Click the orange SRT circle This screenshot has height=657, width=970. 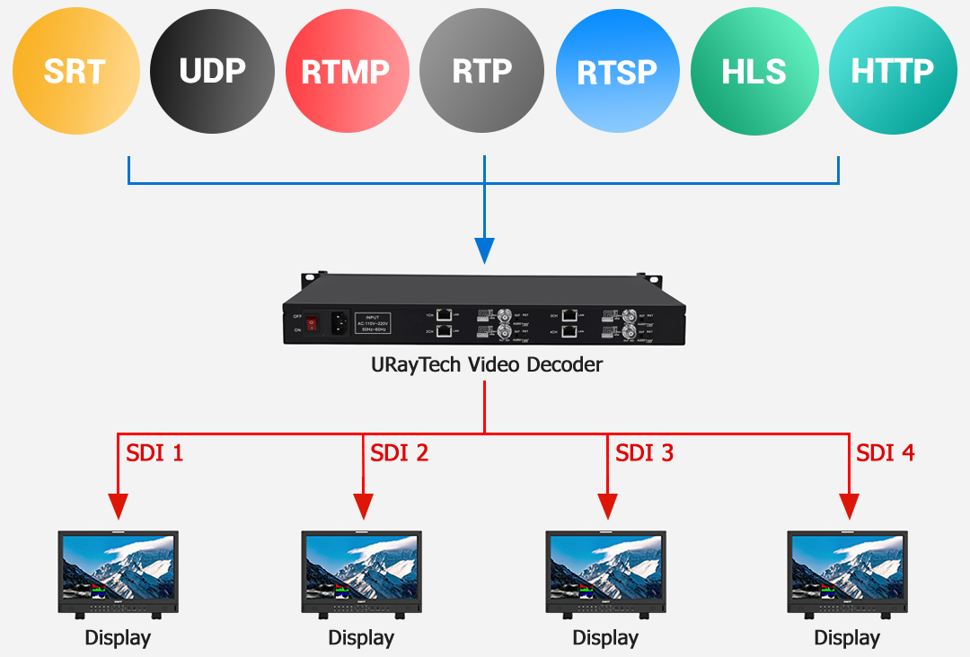[x=76, y=72]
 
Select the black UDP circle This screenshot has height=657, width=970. [x=213, y=72]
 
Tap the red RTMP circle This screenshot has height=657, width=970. [x=346, y=72]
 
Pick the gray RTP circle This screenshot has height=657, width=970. [x=482, y=72]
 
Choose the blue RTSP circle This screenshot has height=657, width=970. [x=617, y=72]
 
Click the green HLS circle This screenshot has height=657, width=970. [x=754, y=72]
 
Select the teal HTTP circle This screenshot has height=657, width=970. [x=892, y=72]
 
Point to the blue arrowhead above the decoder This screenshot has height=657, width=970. [x=485, y=250]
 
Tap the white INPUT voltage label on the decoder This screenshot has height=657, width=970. [x=375, y=322]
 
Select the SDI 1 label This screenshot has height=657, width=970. [x=154, y=453]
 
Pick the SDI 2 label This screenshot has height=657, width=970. [x=400, y=453]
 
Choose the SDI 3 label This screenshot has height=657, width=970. [x=644, y=453]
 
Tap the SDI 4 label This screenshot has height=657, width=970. [x=886, y=453]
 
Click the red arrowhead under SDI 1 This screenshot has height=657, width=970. [x=119, y=507]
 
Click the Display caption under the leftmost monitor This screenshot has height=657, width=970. [x=118, y=638]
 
